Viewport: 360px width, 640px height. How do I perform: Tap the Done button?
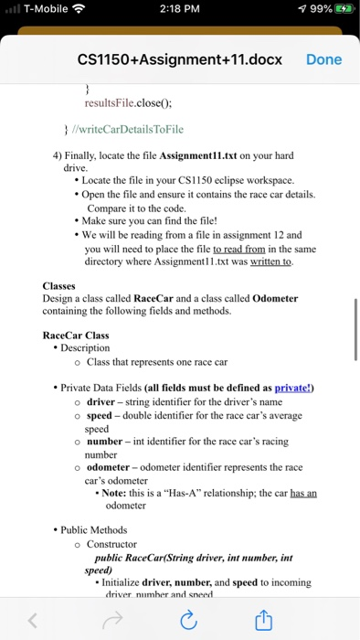323,59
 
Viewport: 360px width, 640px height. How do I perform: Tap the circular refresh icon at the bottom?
189,622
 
